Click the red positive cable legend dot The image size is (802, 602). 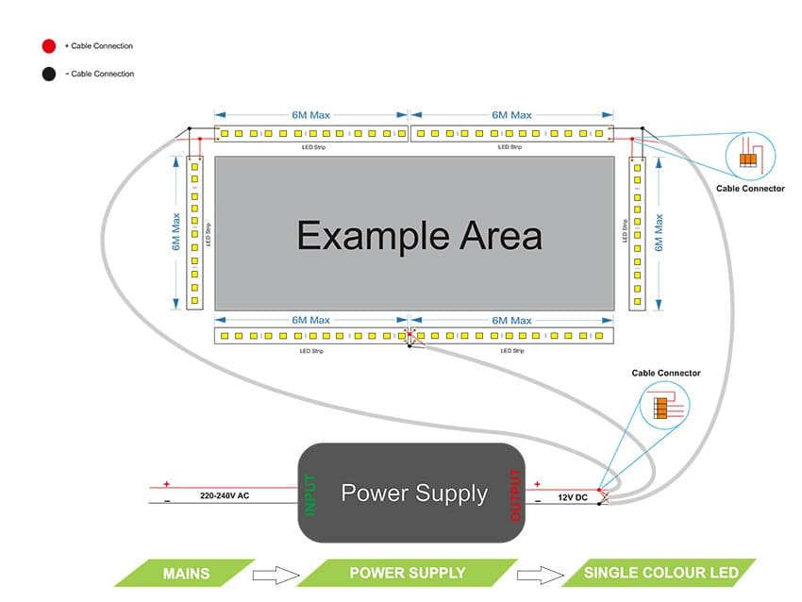47,45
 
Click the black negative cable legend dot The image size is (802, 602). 47,74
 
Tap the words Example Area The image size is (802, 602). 419,235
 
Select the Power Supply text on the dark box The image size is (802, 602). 414,493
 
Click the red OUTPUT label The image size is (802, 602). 516,494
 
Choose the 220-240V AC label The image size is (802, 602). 225,495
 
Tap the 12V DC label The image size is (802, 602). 573,496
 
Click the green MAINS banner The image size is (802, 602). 186,573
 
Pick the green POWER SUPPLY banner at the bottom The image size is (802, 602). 408,573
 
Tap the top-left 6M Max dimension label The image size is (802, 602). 310,114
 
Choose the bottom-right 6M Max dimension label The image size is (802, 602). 511,321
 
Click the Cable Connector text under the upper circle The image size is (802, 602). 750,189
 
